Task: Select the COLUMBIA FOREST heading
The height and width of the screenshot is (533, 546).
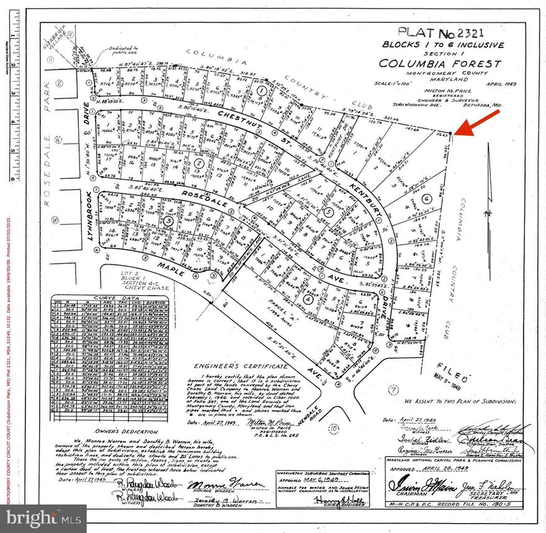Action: pos(440,64)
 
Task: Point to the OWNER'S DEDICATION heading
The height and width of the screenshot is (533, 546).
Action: pos(128,430)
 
